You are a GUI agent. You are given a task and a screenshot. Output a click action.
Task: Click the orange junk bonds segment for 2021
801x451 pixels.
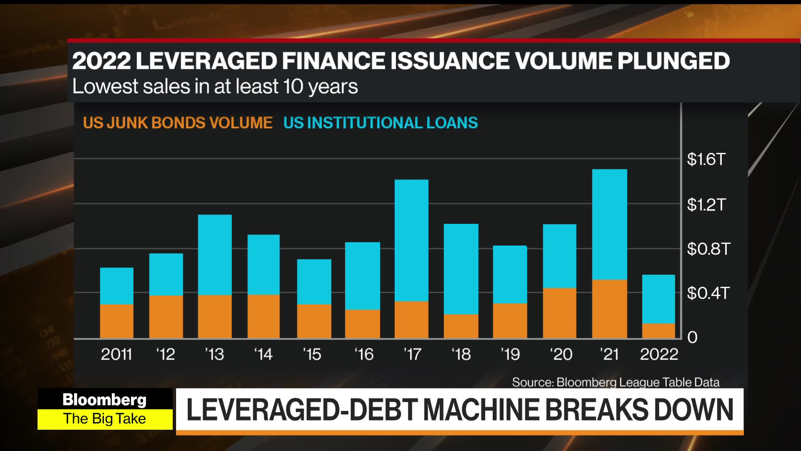coord(610,309)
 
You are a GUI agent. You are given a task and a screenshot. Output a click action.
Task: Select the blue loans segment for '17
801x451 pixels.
coord(411,241)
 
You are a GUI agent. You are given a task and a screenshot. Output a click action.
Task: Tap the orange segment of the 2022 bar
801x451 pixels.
coord(658,331)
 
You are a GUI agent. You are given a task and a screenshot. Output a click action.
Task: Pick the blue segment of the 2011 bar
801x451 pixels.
coord(116,286)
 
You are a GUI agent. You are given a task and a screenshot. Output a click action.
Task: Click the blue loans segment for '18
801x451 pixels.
coord(461,269)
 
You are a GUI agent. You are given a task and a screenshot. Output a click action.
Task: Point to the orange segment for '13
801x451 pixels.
coord(214,317)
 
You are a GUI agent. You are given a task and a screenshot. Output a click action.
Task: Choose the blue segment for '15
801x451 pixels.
coord(314,282)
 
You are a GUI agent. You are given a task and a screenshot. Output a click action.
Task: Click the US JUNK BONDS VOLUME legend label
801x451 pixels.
coord(178,123)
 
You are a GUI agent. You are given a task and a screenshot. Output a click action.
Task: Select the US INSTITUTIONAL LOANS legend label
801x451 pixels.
coord(380,123)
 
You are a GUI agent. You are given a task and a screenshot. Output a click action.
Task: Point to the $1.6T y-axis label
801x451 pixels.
coord(706,160)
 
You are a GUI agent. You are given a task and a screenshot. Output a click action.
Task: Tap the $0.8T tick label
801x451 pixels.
coord(708,249)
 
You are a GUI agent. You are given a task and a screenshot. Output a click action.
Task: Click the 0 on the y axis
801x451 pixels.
coord(692,337)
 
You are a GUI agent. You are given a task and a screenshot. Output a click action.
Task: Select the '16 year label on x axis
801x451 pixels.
coord(364,355)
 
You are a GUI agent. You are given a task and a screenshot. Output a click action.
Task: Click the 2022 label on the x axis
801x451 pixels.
coord(659,355)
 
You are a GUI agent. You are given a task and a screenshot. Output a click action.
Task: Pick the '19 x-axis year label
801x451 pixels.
coord(510,355)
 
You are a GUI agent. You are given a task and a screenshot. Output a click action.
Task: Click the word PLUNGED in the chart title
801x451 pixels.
coord(673,61)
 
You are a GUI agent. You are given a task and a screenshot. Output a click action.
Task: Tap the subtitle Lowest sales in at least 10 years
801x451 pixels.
coord(215,86)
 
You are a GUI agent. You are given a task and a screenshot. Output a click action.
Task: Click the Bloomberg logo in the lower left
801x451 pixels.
coord(104,400)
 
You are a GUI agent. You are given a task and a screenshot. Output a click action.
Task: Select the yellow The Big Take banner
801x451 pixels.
coord(104,419)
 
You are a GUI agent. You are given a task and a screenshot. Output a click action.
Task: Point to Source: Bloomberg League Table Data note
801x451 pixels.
coord(615,382)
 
